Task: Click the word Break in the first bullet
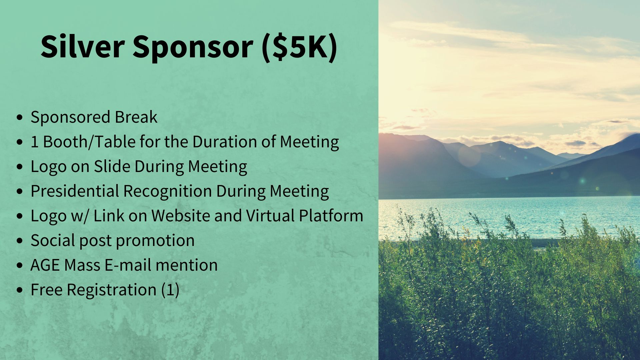pyautogui.click(x=136, y=117)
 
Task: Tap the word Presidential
pyautogui.click(x=75, y=191)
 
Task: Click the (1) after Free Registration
pyautogui.click(x=170, y=290)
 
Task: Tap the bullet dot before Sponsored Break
pyautogui.click(x=20, y=117)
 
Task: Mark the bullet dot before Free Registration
pyautogui.click(x=20, y=290)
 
